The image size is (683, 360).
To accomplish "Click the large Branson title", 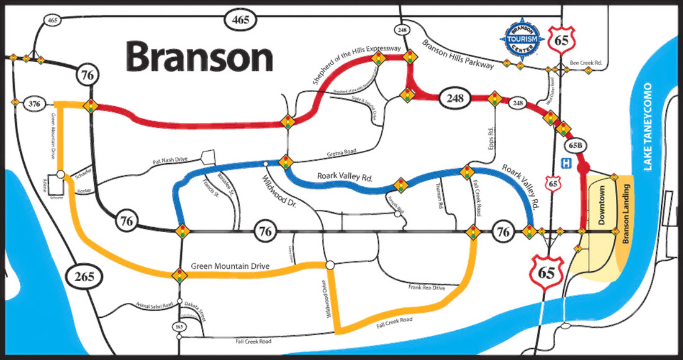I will click(199, 57).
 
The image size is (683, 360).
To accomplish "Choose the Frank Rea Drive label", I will click(427, 288).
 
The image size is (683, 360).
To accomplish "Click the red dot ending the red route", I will click(583, 167).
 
